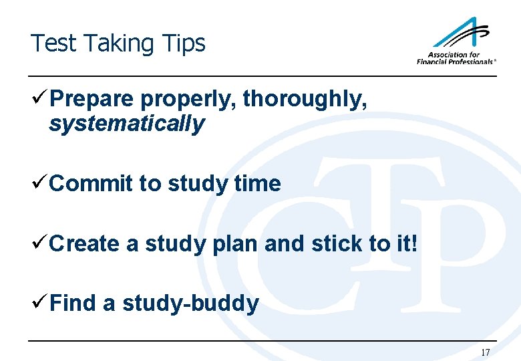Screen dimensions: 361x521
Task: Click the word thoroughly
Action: tap(305, 100)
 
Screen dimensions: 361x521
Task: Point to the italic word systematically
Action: tap(126, 124)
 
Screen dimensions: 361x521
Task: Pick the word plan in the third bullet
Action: tap(234, 244)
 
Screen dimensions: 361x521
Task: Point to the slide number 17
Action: tap(485, 352)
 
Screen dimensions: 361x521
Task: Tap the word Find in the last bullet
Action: tap(73, 304)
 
